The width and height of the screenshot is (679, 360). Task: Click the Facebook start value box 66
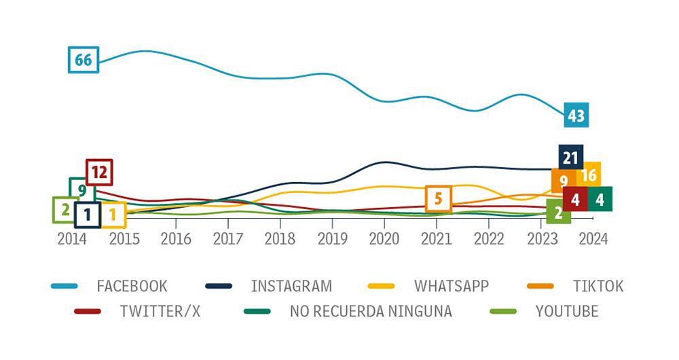click(84, 60)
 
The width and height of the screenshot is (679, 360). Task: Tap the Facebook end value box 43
click(576, 116)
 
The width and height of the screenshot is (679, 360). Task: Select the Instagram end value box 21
click(570, 158)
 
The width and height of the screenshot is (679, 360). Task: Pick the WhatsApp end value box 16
click(589, 175)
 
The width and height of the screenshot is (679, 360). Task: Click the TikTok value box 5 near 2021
click(438, 199)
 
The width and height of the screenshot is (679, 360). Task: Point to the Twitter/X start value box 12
click(99, 173)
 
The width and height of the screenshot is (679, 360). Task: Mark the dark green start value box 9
click(81, 190)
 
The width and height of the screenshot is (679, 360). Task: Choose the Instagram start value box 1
click(88, 215)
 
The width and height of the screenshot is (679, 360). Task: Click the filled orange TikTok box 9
click(564, 181)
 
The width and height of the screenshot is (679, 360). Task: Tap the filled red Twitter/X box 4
click(575, 200)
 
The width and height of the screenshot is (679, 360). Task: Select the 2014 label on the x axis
click(71, 239)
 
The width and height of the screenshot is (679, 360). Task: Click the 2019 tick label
click(332, 239)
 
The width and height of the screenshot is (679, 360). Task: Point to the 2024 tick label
click(593, 239)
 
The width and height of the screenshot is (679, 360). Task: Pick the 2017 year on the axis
click(228, 239)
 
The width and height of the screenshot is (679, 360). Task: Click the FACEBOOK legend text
click(132, 286)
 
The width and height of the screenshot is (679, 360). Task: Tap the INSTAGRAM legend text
click(291, 286)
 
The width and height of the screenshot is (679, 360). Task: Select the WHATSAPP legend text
click(452, 286)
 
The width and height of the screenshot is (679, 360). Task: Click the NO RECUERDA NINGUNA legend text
click(371, 312)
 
